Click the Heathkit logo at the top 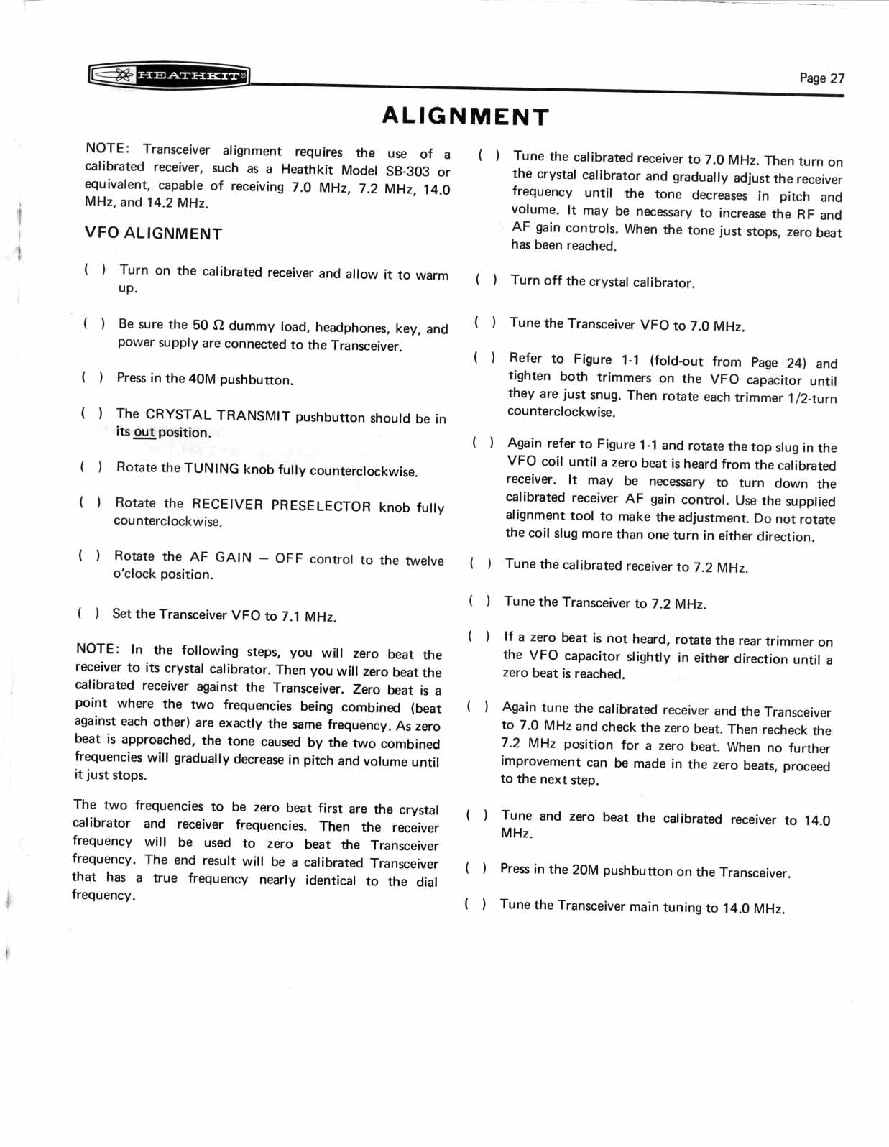(x=169, y=75)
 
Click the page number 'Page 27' (x=821, y=78)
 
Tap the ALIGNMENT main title (x=465, y=116)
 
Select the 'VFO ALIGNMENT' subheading (x=153, y=234)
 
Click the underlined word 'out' (x=144, y=432)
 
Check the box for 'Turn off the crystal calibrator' (x=485, y=280)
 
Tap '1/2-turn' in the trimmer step (x=811, y=398)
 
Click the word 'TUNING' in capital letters (x=211, y=469)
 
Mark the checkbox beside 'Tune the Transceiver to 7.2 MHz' (x=479, y=601)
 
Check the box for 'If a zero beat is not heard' (x=478, y=637)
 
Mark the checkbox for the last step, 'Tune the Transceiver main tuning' (x=474, y=904)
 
